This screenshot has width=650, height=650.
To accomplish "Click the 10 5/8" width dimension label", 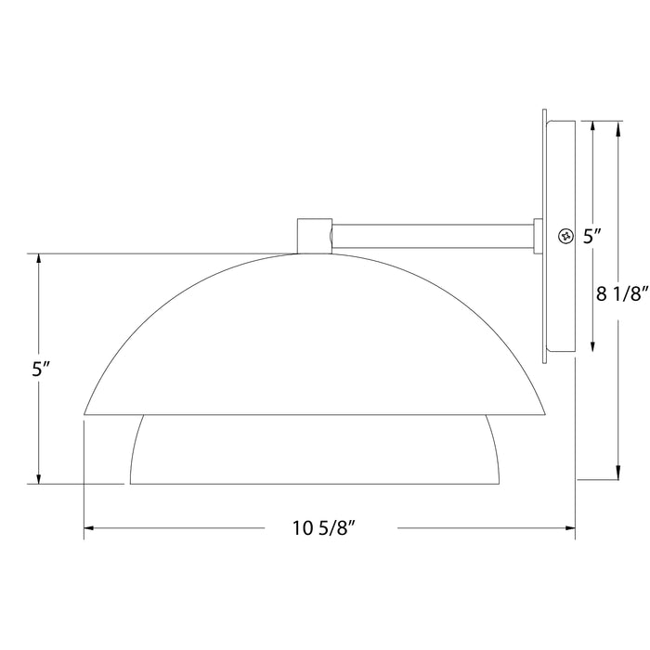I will pos(325,529).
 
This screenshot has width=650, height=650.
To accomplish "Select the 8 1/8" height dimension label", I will pos(619,295).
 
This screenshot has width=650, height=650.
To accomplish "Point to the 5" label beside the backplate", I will pos(593,237).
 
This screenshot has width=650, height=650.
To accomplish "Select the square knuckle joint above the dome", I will pos(314,235).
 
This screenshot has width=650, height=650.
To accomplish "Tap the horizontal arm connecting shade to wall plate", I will pos(432,236).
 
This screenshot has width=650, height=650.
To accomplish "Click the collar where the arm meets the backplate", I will pos(539,236).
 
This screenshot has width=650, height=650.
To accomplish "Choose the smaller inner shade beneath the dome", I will pos(316,450).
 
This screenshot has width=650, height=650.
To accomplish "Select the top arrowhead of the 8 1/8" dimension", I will pos(617,125).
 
